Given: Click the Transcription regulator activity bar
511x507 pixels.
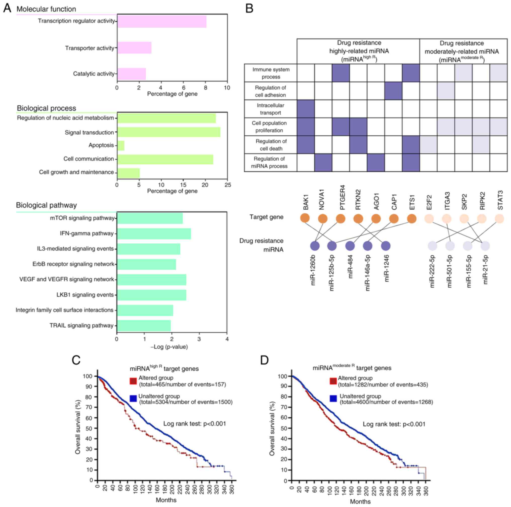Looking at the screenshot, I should point(162,21).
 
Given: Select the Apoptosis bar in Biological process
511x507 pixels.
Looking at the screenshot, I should point(121,145).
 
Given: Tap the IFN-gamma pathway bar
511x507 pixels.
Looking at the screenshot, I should point(154,234).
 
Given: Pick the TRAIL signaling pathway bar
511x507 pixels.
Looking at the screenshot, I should point(144,326).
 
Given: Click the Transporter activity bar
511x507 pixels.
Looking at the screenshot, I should point(134,48).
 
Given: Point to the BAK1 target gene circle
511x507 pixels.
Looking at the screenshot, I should point(305,218).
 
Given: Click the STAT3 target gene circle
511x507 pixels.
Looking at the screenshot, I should point(499,219).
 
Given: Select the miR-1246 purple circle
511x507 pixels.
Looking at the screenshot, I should point(386,246).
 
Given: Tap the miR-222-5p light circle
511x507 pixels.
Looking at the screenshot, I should point(432,246).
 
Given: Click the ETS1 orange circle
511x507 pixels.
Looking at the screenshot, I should point(412,219).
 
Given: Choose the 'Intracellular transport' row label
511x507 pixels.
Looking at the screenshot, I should point(270,109).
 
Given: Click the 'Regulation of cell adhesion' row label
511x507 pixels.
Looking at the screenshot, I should point(270,91).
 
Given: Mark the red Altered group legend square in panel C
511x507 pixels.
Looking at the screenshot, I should point(133,381).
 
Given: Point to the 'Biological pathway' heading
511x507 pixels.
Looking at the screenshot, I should point(46,205).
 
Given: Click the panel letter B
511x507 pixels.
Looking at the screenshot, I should point(249,9).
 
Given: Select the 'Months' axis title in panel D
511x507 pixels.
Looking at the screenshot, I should point(360,501).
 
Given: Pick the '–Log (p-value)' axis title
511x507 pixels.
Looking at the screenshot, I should point(169,347).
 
